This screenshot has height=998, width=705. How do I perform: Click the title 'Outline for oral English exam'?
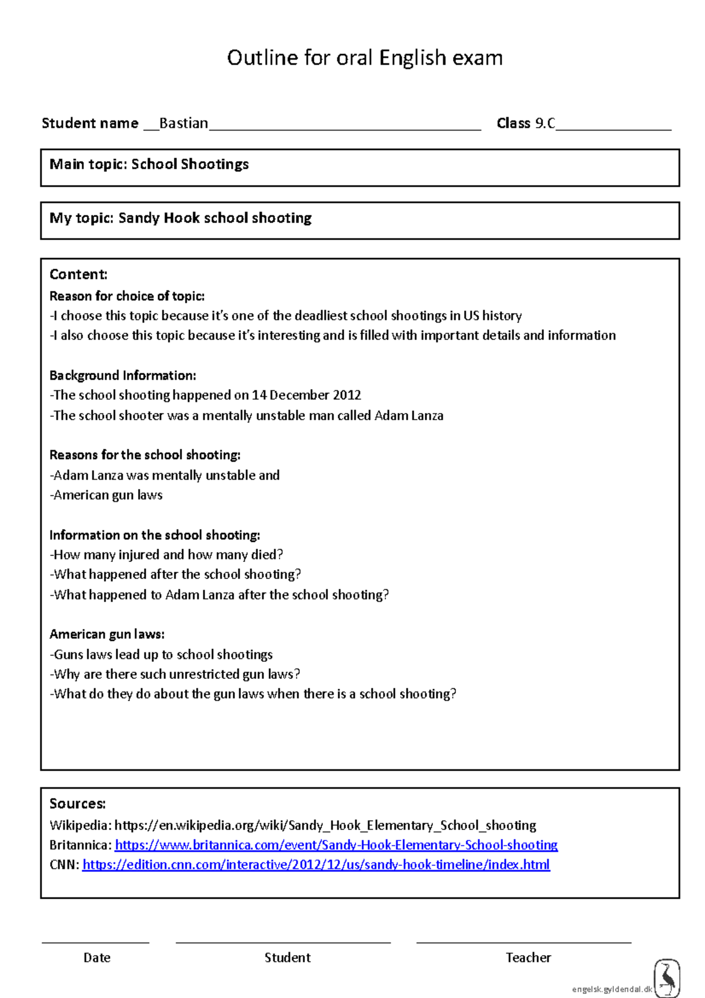coord(364,58)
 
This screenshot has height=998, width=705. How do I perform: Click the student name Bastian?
coord(183,123)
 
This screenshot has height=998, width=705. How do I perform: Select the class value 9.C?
coord(545,123)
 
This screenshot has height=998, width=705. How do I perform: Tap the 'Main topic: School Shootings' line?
coord(149,164)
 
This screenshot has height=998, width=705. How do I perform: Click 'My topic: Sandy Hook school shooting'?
coord(180,218)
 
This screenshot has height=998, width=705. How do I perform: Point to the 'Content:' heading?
coord(78,274)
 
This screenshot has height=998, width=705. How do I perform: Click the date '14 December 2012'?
coord(306,395)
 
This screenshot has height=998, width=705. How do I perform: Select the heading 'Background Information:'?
coord(122,375)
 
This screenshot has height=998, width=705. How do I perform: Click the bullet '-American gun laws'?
coord(106,495)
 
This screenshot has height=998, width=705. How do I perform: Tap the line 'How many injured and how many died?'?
coord(167,554)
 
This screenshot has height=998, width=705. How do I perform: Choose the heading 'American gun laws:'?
coord(107,634)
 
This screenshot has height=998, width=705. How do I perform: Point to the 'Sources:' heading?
coord(78,803)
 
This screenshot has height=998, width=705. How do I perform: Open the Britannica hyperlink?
coord(336,845)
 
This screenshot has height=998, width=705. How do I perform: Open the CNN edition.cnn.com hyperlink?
coord(316,865)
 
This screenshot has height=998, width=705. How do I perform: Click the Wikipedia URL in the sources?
coord(325,825)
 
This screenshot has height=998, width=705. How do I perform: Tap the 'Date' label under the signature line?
coord(97,957)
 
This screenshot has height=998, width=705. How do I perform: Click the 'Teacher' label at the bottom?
coord(528,957)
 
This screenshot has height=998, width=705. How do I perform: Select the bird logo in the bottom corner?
coord(667,978)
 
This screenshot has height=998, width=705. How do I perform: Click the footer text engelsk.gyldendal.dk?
coord(612,989)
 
